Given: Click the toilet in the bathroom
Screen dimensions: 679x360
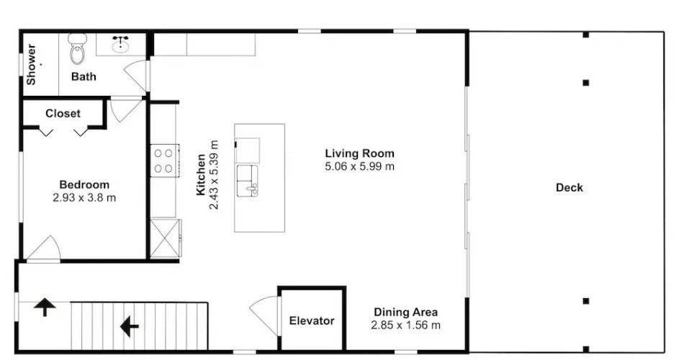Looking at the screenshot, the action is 77,48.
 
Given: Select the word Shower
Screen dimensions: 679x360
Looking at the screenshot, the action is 31,65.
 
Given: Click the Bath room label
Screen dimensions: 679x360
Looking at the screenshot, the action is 84,76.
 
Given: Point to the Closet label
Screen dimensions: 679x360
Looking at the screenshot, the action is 63,114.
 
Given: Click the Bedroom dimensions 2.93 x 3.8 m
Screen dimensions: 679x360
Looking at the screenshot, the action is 84,198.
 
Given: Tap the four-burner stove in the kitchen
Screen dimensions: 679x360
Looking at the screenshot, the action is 165,161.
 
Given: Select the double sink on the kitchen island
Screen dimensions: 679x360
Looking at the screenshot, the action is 247,181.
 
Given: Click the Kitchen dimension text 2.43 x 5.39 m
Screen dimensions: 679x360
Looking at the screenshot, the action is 214,175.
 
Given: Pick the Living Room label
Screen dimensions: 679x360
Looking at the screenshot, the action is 360,153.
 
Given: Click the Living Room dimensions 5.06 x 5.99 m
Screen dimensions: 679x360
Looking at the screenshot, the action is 360,166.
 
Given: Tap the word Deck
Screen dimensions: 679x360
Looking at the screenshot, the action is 570,188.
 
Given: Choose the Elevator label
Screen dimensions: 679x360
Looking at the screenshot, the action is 312,321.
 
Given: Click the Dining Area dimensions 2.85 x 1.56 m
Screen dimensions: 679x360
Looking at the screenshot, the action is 406,325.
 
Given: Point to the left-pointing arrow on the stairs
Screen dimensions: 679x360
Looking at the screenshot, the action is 129,326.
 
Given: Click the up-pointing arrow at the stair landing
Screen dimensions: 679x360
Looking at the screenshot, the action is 45,307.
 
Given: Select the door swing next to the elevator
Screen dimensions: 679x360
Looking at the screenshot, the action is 265,315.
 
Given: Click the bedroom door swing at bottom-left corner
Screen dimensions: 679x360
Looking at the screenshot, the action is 44,249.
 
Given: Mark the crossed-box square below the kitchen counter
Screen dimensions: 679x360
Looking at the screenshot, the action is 165,238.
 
